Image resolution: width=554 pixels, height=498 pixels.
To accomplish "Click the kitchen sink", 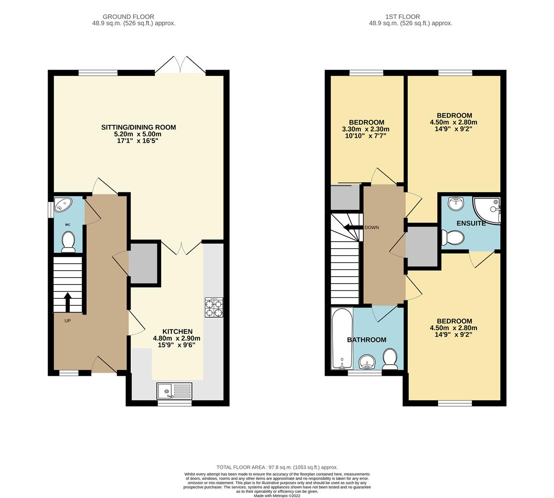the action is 174,391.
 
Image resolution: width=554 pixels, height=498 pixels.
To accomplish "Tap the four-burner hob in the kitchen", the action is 214,307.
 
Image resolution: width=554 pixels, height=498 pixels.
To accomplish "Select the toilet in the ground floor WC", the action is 68,242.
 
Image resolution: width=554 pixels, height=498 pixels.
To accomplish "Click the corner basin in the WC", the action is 63,204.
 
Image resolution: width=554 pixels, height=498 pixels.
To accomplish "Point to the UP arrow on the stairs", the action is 68,302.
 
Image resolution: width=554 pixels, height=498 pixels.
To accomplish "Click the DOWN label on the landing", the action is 372,228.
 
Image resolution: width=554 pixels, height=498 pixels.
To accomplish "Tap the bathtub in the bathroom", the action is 342,338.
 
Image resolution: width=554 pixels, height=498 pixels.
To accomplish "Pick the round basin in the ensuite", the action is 456,204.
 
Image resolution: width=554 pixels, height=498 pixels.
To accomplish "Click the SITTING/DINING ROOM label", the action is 138,127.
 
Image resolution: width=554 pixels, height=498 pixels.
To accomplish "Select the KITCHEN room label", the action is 177,332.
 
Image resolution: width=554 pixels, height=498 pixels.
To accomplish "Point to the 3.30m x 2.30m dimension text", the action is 366,129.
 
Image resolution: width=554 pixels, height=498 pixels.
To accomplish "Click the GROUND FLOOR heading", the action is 128,17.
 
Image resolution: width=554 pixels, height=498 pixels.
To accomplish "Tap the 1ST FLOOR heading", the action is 403,17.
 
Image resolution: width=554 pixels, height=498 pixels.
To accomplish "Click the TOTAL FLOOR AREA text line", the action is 277,468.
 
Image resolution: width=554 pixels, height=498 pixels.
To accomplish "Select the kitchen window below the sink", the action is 175,403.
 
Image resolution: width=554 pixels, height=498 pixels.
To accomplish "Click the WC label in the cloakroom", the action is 68,225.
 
